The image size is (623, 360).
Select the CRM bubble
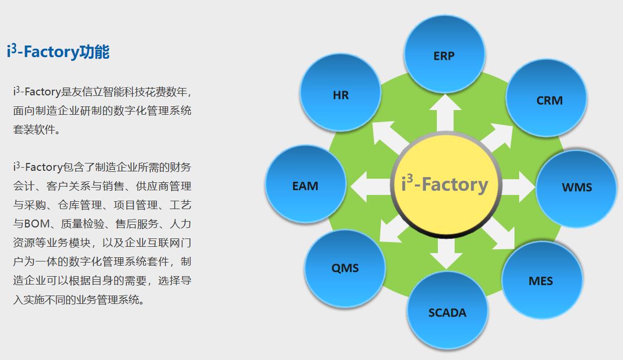tap(546, 99)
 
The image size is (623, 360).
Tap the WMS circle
tap(576, 188)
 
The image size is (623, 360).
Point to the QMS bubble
tap(345, 268)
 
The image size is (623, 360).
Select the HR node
tap(341, 95)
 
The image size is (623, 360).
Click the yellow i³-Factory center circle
tap(445, 185)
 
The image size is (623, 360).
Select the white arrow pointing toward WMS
tap(518, 187)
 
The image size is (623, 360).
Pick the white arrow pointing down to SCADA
tap(446, 254)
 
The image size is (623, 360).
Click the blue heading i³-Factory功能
tap(58, 51)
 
